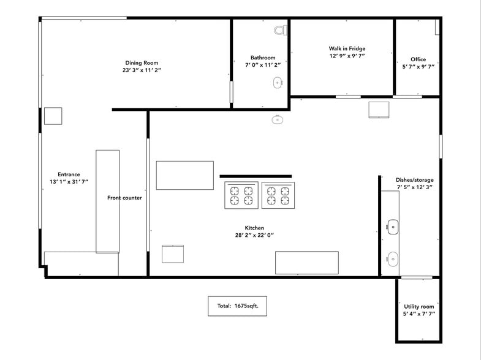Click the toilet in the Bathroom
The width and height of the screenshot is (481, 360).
coord(281,29)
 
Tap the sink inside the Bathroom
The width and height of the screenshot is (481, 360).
coord(278,82)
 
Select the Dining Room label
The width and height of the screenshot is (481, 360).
coord(142,62)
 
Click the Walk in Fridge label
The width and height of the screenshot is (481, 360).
coord(347,48)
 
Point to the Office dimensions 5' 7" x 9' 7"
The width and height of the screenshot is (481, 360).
coord(418,67)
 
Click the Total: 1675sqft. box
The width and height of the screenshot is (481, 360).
coord(237,306)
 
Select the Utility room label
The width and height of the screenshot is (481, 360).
coord(419,306)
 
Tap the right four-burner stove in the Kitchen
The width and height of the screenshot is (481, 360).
coord(278,195)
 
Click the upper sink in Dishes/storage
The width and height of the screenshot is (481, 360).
coord(392,227)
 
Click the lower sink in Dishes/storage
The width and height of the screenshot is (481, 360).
coord(392,259)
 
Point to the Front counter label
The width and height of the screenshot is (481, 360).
coord(124,198)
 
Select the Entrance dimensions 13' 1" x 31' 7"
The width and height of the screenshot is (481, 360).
coord(69,182)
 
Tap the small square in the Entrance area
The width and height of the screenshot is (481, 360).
coord(53,116)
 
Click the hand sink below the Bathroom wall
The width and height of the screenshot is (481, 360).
coord(277,119)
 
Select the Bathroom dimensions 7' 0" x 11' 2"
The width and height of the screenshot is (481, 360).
coord(262,65)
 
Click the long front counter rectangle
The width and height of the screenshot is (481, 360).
coord(107,201)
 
